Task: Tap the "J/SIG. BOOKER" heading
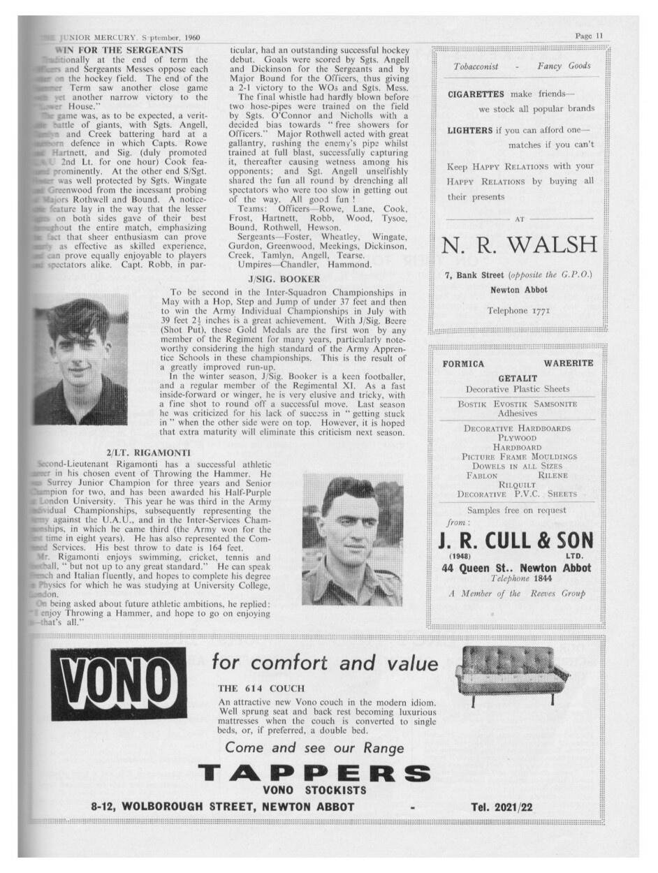[282, 279]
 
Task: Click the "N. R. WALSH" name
[520, 245]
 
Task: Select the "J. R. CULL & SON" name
[516, 540]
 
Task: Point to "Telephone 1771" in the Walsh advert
[518, 310]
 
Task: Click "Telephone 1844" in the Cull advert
[518, 579]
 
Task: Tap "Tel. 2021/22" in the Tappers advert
[502, 807]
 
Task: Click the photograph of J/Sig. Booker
[82, 359]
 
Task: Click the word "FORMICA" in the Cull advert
[463, 363]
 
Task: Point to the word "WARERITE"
[568, 363]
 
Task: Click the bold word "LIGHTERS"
[470, 130]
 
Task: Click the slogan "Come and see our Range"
[314, 748]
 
